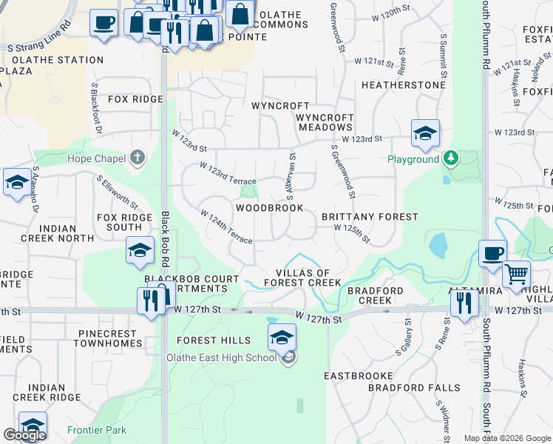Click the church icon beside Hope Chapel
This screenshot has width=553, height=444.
click(136, 158)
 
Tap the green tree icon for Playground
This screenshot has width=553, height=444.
click(450, 158)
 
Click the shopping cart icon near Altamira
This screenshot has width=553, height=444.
click(516, 275)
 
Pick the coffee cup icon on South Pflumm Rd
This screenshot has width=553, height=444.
click(492, 253)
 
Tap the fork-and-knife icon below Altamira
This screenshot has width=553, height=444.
click(464, 303)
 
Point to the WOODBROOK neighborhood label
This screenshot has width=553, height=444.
click(269, 208)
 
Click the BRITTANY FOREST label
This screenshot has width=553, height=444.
click(370, 217)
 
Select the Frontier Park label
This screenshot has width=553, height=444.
click(96, 430)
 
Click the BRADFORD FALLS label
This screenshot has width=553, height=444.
click(413, 388)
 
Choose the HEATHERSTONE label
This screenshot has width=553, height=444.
click(403, 85)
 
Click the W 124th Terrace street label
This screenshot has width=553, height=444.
click(226, 226)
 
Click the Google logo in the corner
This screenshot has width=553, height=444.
click(24, 435)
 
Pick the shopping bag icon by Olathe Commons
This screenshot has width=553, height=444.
click(240, 13)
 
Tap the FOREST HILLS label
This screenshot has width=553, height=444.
click(213, 340)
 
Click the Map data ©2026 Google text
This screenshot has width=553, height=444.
click(506, 438)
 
